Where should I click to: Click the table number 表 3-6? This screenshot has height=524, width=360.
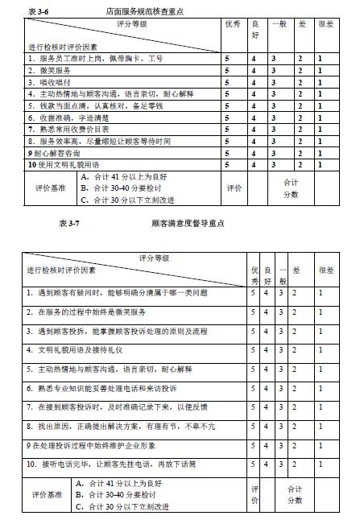click(x=37, y=12)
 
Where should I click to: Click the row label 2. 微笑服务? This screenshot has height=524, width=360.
click(x=49, y=70)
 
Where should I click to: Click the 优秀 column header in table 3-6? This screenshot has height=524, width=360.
click(x=233, y=24)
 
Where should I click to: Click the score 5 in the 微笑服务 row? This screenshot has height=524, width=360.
click(x=227, y=70)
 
